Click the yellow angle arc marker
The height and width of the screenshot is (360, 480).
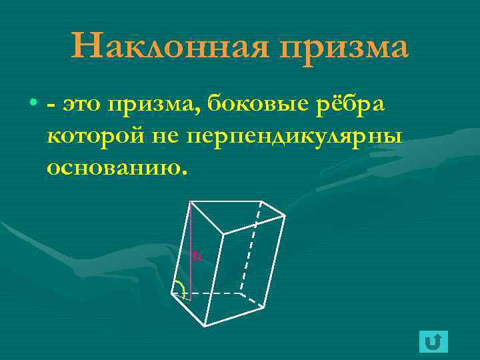pyautogui.click(x=181, y=288)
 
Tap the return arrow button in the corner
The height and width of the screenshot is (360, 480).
pyautogui.click(x=433, y=341)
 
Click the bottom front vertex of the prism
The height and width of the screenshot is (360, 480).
pyautogui.click(x=204, y=325)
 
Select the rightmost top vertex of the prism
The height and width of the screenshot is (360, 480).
pyautogui.click(x=285, y=215)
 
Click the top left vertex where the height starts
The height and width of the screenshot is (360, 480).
pyautogui.click(x=190, y=201)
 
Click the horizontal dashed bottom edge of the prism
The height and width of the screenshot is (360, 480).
pyautogui.click(x=213, y=293)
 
